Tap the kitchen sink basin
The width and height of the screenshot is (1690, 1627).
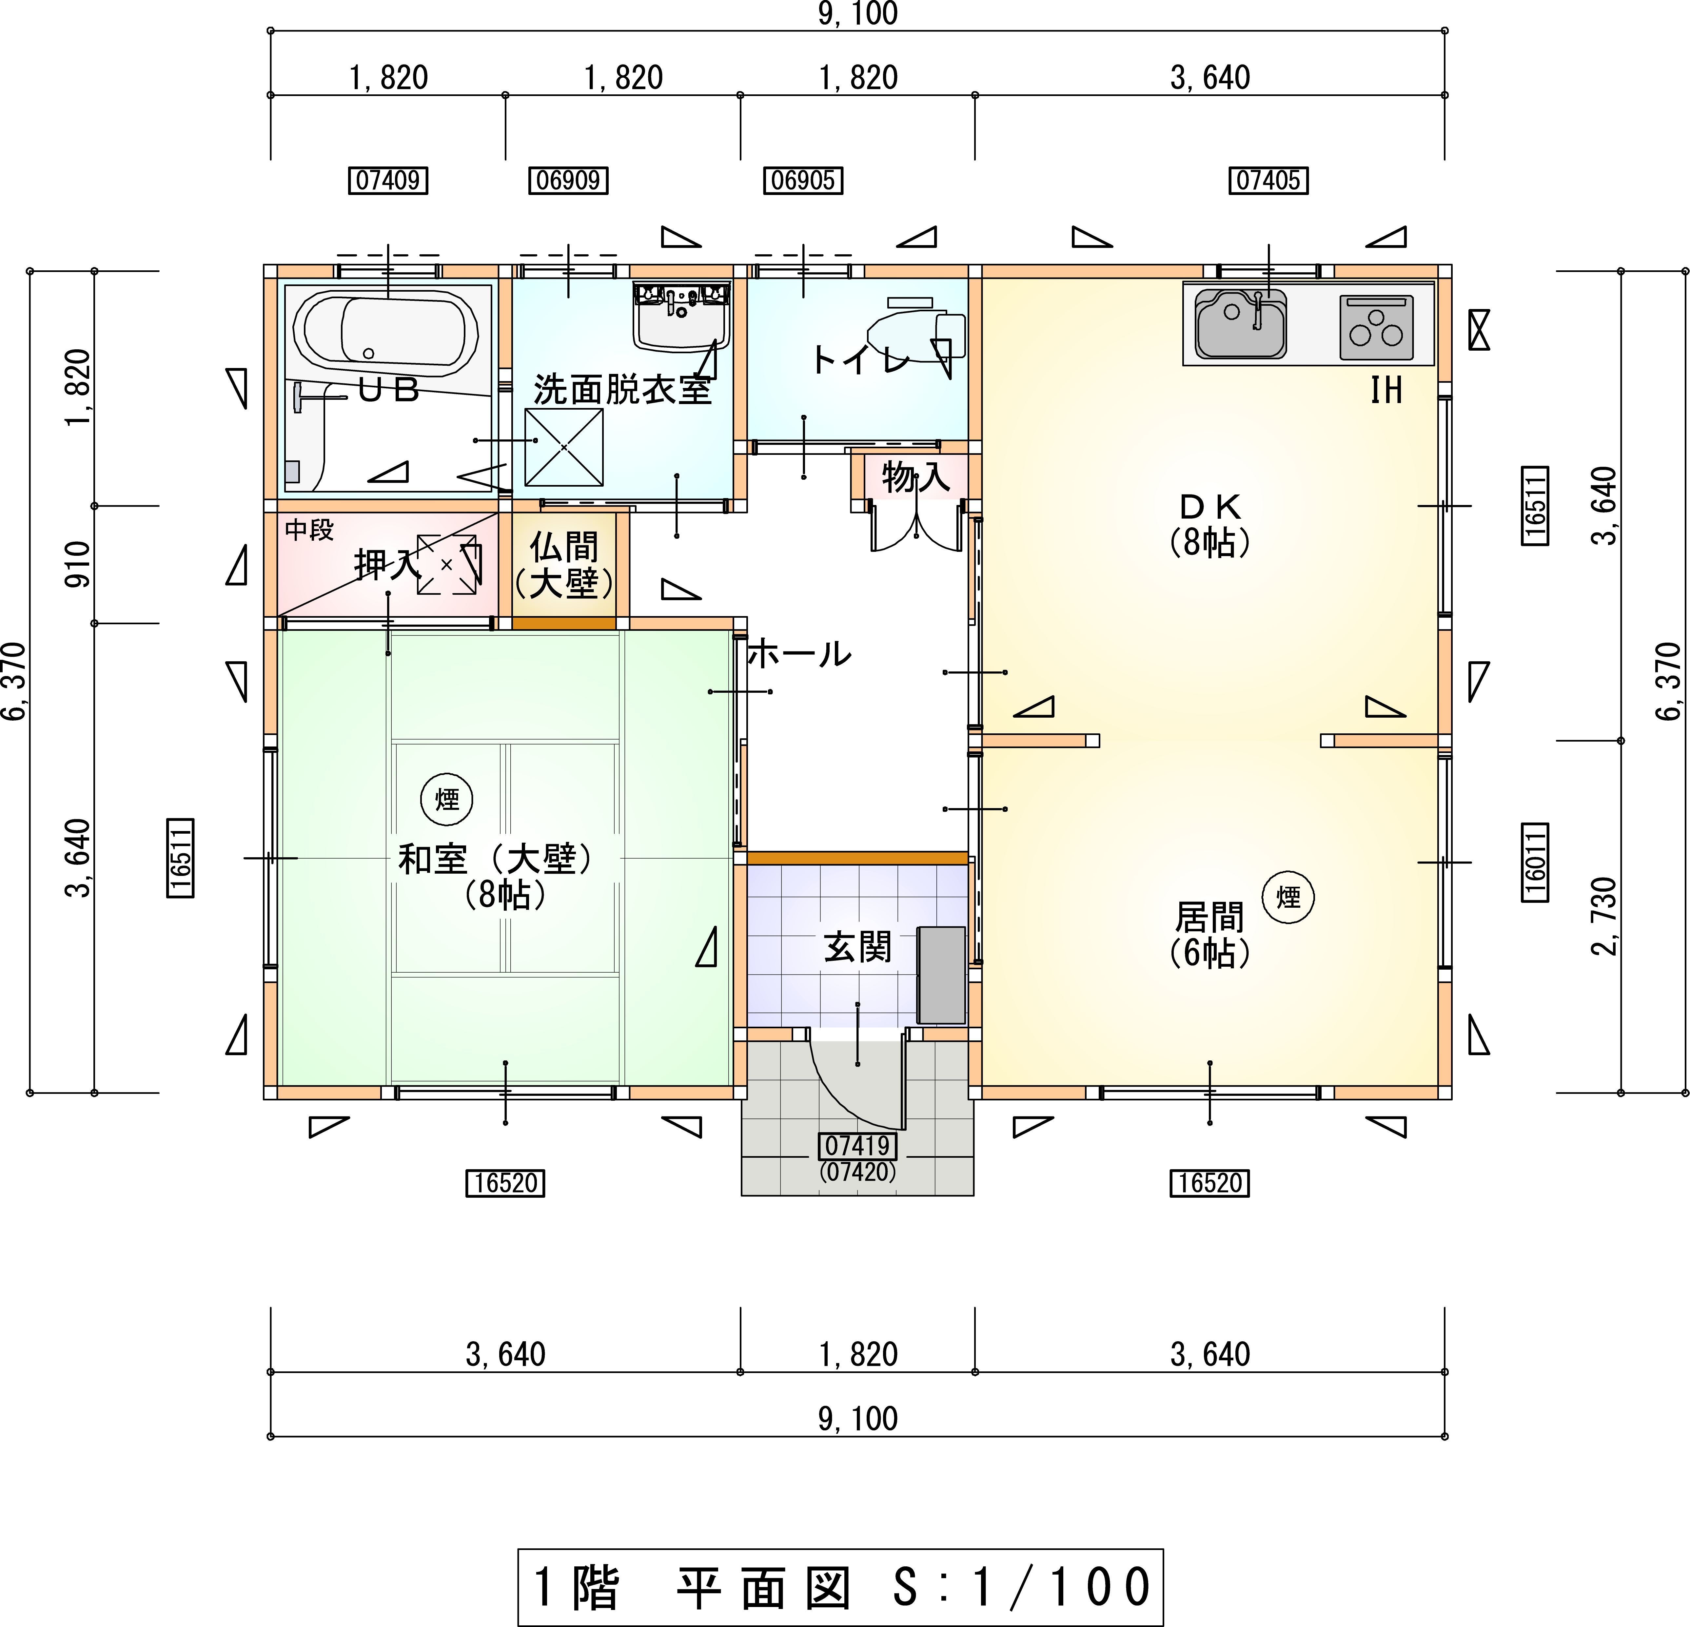(1240, 323)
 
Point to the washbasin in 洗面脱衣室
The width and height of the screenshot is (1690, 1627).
(681, 316)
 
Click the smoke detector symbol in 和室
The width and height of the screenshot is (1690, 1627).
(447, 799)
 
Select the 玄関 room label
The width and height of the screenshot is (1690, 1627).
(857, 948)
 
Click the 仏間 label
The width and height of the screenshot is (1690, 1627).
(564, 547)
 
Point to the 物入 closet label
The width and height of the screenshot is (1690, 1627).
(916, 476)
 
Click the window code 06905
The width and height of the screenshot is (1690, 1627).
(803, 180)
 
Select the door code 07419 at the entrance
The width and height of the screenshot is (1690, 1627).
(857, 1146)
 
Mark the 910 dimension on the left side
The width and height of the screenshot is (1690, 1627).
(78, 565)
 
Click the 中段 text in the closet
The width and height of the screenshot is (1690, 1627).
(309, 530)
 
